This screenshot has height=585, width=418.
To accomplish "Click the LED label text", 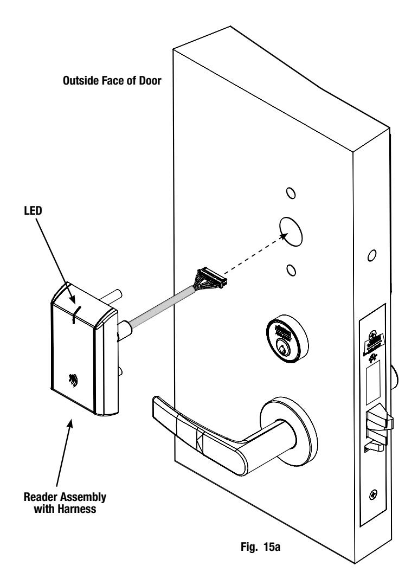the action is point(33,211).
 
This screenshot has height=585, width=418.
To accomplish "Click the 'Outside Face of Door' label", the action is point(112,81).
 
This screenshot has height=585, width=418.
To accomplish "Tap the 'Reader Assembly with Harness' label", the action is point(65,503).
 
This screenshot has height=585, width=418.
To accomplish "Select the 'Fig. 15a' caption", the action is point(260,547).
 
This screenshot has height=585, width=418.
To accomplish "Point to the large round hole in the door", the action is point(292,232).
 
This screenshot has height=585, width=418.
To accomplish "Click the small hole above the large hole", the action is point(291,193).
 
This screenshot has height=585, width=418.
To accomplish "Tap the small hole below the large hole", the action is point(292,270).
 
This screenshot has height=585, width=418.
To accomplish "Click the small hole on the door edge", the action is point(371,256).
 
